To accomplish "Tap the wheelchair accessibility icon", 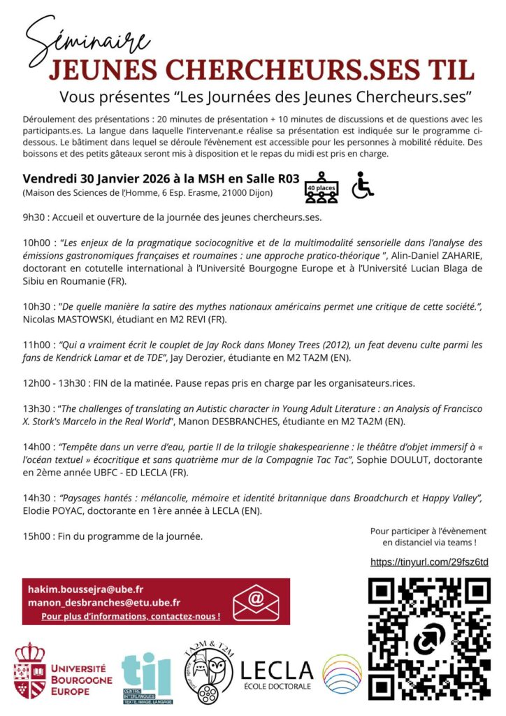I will pyautogui.click(x=363, y=186).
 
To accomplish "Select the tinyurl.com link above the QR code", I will pyautogui.click(x=428, y=562).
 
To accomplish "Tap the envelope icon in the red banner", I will pyautogui.click(x=256, y=601).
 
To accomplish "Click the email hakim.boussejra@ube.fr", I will pyautogui.click(x=85, y=589).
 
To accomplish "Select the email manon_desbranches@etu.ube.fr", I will pyautogui.click(x=104, y=602).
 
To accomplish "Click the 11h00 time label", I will pyautogui.click(x=35, y=345).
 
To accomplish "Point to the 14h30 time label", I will pyautogui.click(x=35, y=498).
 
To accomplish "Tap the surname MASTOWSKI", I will pyautogui.click(x=72, y=320).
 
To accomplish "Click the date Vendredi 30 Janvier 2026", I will pyautogui.click(x=91, y=178).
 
